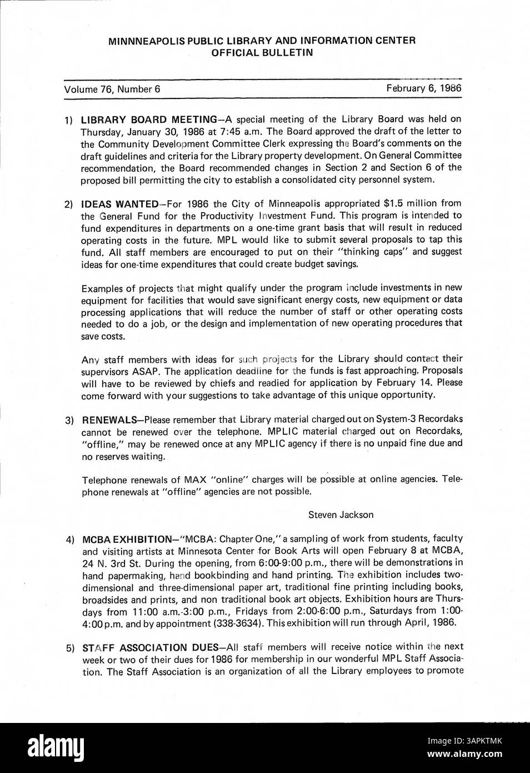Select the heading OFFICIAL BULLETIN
(262, 53)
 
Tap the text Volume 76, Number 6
(112, 89)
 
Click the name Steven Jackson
(341, 515)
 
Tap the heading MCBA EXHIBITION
(127, 539)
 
